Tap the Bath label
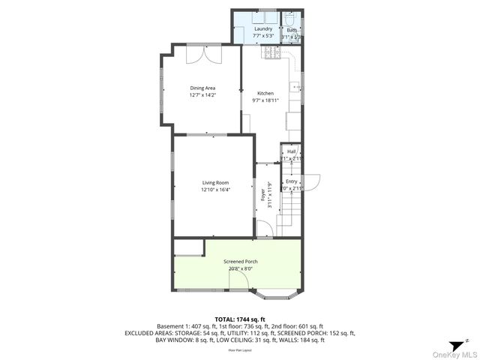tap(291, 30)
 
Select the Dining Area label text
tap(202, 88)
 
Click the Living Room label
tap(215, 183)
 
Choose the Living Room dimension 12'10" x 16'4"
tap(215, 190)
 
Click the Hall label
tap(291, 151)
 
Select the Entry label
tap(291, 181)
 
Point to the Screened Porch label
tap(240, 262)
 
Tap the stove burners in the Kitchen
tap(271, 53)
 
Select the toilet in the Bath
tap(289, 19)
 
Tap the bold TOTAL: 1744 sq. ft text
tap(240, 319)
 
